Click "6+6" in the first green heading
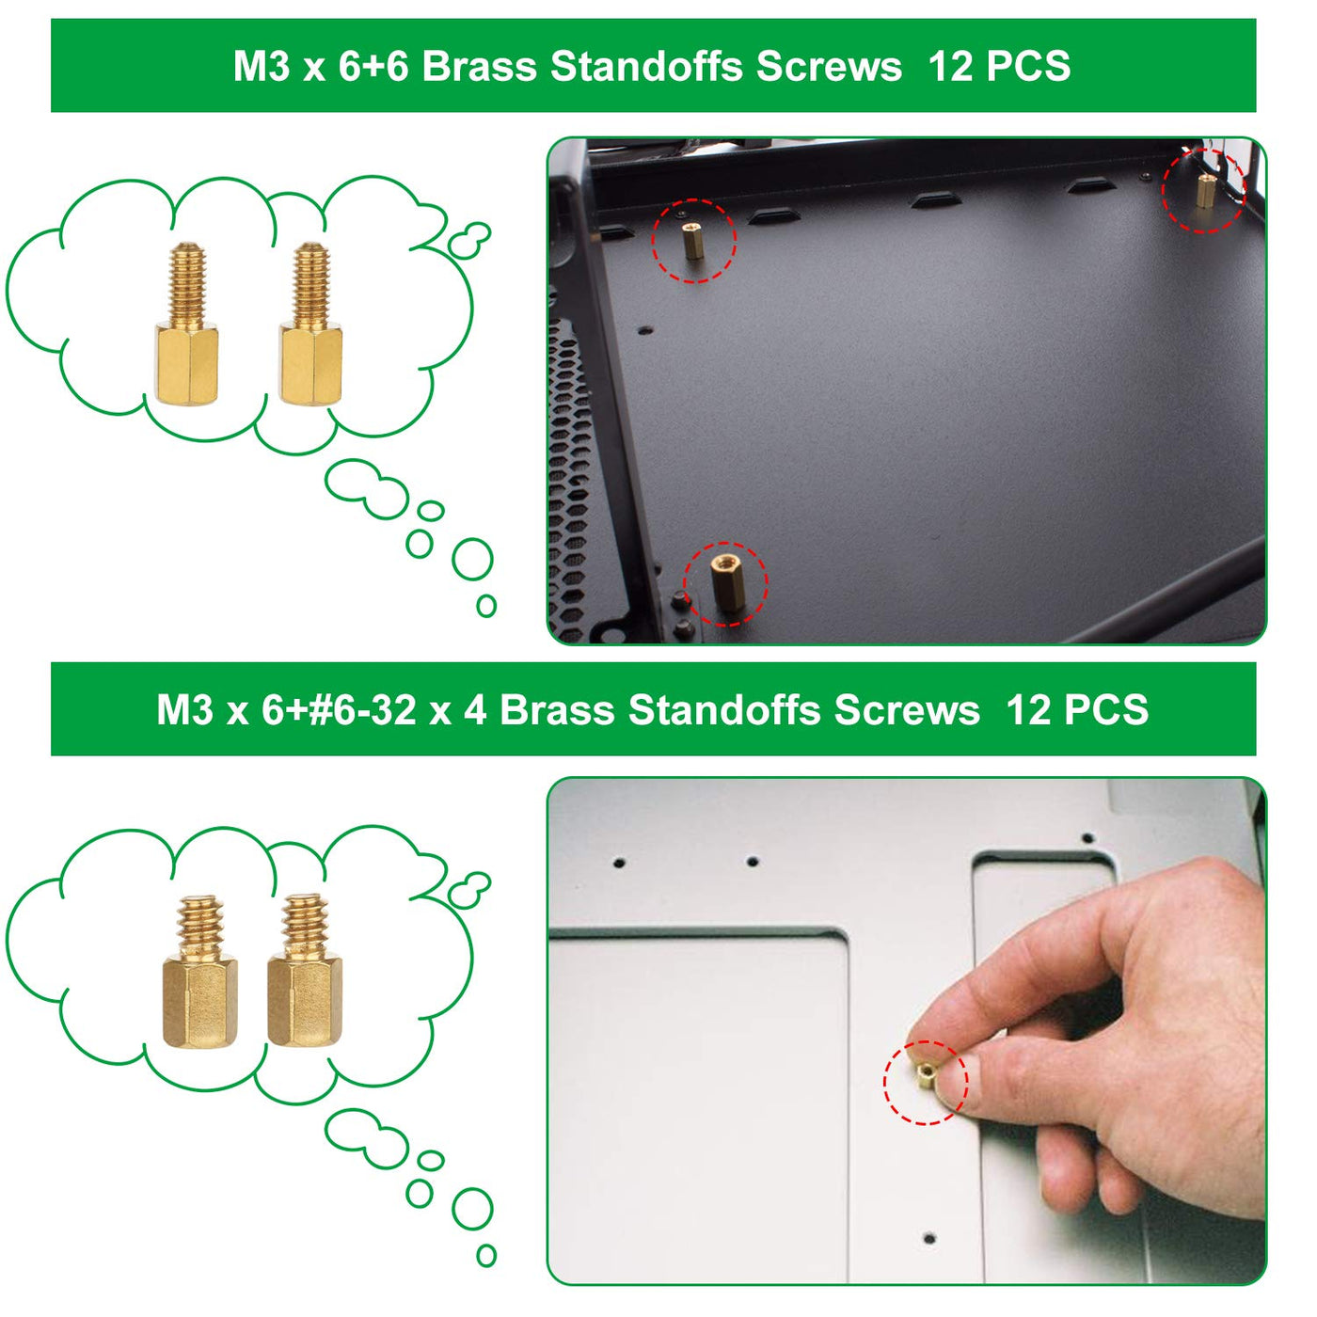373,66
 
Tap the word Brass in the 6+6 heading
480,66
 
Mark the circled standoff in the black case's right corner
1206,190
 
